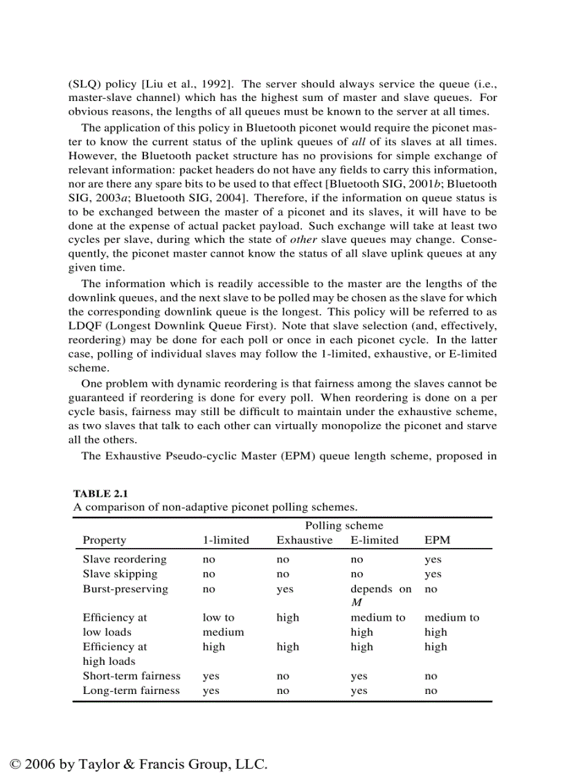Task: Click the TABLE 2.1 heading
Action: (x=101, y=493)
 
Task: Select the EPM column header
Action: (x=437, y=540)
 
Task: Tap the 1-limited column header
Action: (x=225, y=540)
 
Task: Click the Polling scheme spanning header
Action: (x=344, y=526)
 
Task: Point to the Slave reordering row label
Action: (x=125, y=559)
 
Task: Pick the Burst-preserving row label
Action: (x=125, y=589)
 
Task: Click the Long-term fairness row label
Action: (x=131, y=690)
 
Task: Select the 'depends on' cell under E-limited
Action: (x=380, y=589)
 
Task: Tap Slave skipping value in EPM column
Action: (x=433, y=574)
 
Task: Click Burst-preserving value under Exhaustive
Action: (x=285, y=589)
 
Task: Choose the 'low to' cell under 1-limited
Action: (x=218, y=617)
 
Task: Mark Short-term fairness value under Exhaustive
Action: (x=282, y=676)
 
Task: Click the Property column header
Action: (x=105, y=540)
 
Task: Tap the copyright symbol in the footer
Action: (x=16, y=764)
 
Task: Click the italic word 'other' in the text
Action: (x=303, y=240)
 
